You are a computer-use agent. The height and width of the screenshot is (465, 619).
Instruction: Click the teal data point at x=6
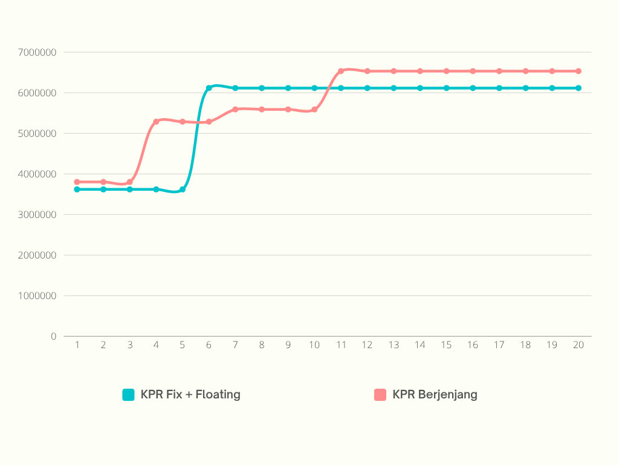(209, 88)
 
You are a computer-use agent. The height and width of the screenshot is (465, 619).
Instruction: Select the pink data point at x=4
(156, 122)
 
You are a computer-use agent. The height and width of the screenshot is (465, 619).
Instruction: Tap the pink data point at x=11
(341, 71)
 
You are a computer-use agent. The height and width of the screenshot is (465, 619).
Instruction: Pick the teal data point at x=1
(77, 190)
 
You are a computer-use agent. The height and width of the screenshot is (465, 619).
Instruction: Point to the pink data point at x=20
(578, 71)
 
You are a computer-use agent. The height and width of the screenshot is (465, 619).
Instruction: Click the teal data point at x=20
(578, 88)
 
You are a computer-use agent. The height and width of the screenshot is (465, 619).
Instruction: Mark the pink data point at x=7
(235, 110)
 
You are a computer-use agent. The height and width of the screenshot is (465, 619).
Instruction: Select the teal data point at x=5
(183, 190)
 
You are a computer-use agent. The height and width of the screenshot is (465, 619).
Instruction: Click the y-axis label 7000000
(37, 52)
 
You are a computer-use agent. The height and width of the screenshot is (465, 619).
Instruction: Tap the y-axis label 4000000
(37, 174)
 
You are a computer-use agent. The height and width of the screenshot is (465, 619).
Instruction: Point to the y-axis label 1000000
(37, 295)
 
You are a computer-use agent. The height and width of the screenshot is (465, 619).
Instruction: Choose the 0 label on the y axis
(53, 336)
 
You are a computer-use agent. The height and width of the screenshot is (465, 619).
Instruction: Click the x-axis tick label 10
(314, 345)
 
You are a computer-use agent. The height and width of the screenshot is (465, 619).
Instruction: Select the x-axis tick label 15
(446, 345)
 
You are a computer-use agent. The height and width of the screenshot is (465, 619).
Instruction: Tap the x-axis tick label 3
(129, 345)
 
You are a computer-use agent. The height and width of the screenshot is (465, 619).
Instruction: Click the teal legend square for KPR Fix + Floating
(128, 395)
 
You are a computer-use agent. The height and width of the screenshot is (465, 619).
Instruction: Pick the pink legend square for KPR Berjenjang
(380, 395)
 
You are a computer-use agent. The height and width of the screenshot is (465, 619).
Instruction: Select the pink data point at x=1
(77, 182)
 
